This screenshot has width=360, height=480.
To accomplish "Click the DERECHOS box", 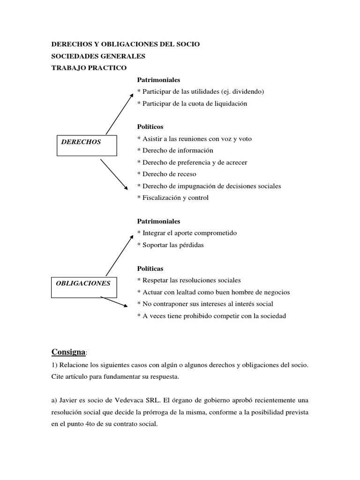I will [x=87, y=145].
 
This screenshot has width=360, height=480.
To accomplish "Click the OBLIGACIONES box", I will [x=87, y=287].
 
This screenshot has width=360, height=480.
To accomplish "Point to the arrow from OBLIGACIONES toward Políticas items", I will [x=114, y=301].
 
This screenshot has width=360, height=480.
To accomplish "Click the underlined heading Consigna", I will [x=68, y=352].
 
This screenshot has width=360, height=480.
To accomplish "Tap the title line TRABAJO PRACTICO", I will [x=89, y=68].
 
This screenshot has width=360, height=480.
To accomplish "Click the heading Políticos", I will [x=150, y=127].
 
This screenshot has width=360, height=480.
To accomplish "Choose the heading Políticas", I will [x=150, y=269].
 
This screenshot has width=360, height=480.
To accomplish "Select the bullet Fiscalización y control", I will [x=173, y=198].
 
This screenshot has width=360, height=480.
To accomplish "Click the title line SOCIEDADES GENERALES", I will [x=98, y=56].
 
